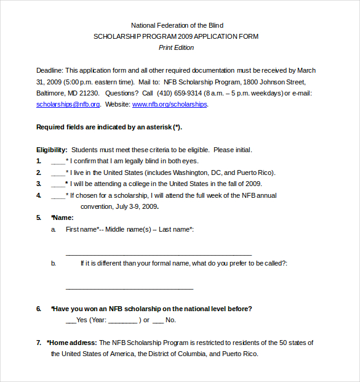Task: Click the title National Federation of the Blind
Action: (177, 25)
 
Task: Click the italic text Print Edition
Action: (176, 47)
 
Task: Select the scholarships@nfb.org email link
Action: (68, 105)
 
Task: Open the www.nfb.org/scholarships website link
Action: (170, 105)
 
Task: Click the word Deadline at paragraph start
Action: (49, 71)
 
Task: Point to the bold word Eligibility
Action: (51, 150)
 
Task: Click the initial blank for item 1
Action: (58, 162)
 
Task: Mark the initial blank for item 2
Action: (58, 174)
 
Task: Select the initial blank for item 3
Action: (58, 185)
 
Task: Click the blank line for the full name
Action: (158, 254)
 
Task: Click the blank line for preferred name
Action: (129, 288)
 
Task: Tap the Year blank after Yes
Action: (122, 321)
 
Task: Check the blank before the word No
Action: (158, 321)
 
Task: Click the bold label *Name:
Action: (63, 217)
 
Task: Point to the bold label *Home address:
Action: (71, 343)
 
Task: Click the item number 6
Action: (39, 309)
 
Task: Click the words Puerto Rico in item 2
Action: (257, 173)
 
